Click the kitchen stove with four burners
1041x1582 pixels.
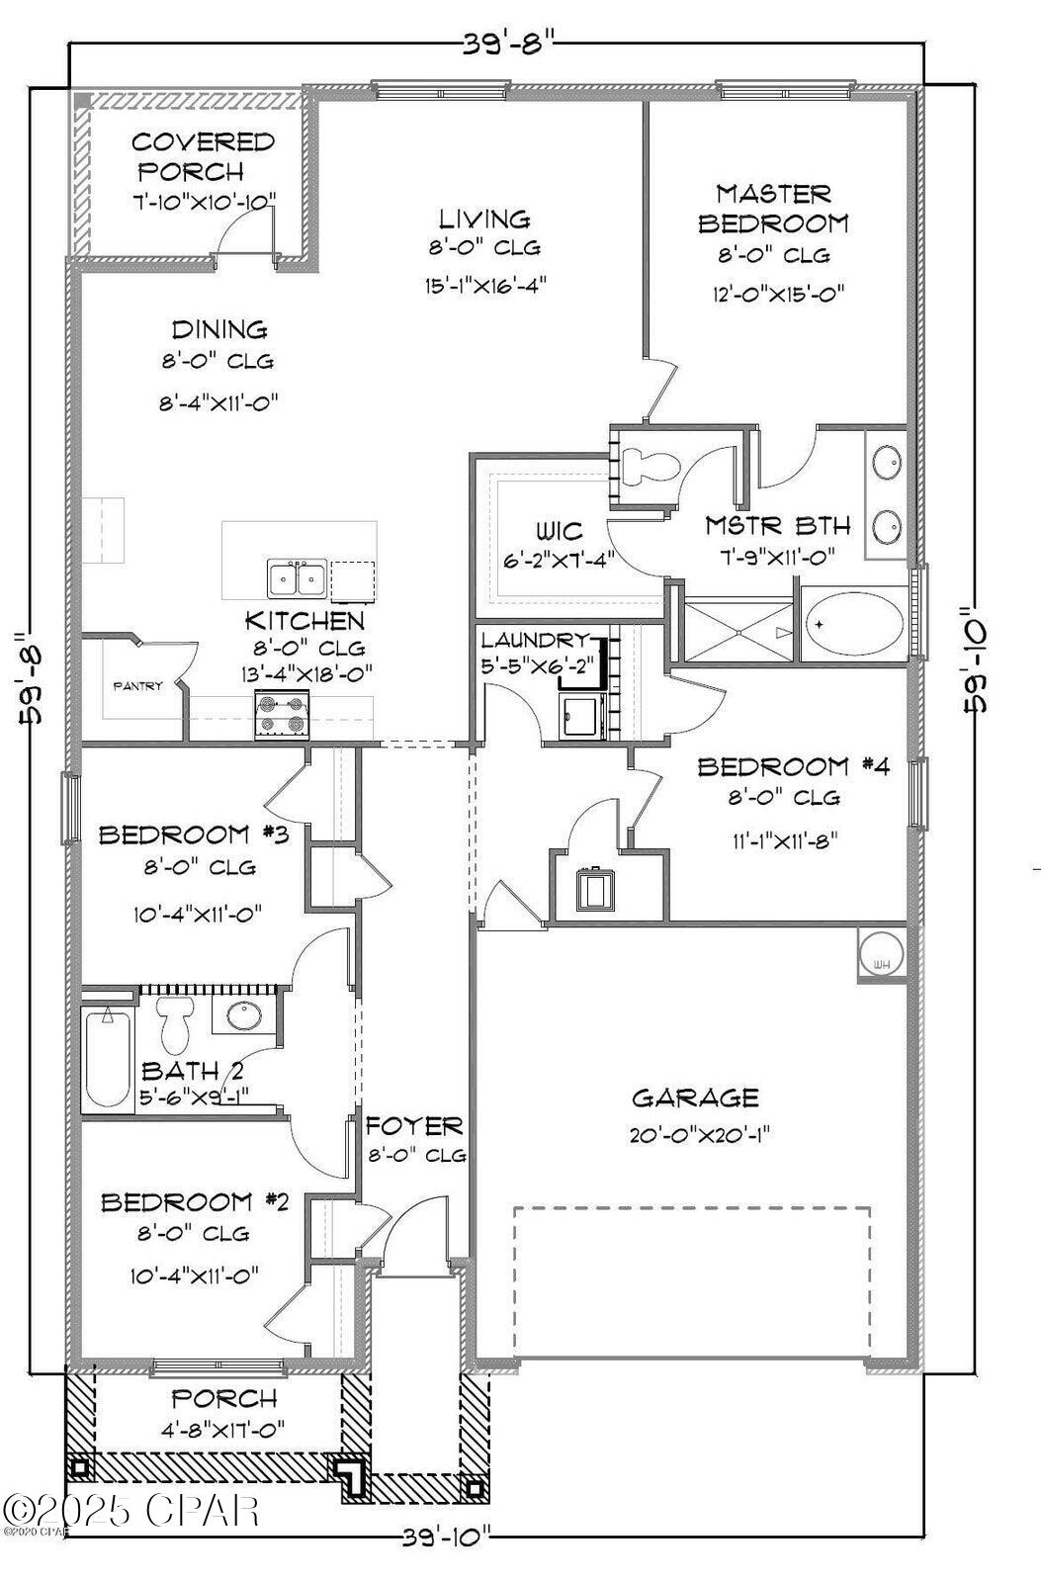point(283,715)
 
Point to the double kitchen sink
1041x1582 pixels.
point(298,578)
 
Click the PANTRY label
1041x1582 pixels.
point(137,686)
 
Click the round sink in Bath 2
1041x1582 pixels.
point(243,1014)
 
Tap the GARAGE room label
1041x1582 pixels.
point(695,1098)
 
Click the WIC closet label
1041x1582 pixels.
point(558,532)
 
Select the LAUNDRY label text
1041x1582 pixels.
point(535,640)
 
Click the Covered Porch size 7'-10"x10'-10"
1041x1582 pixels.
point(204,202)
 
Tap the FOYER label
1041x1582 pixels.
point(414,1126)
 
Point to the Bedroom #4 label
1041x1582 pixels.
point(787,766)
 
